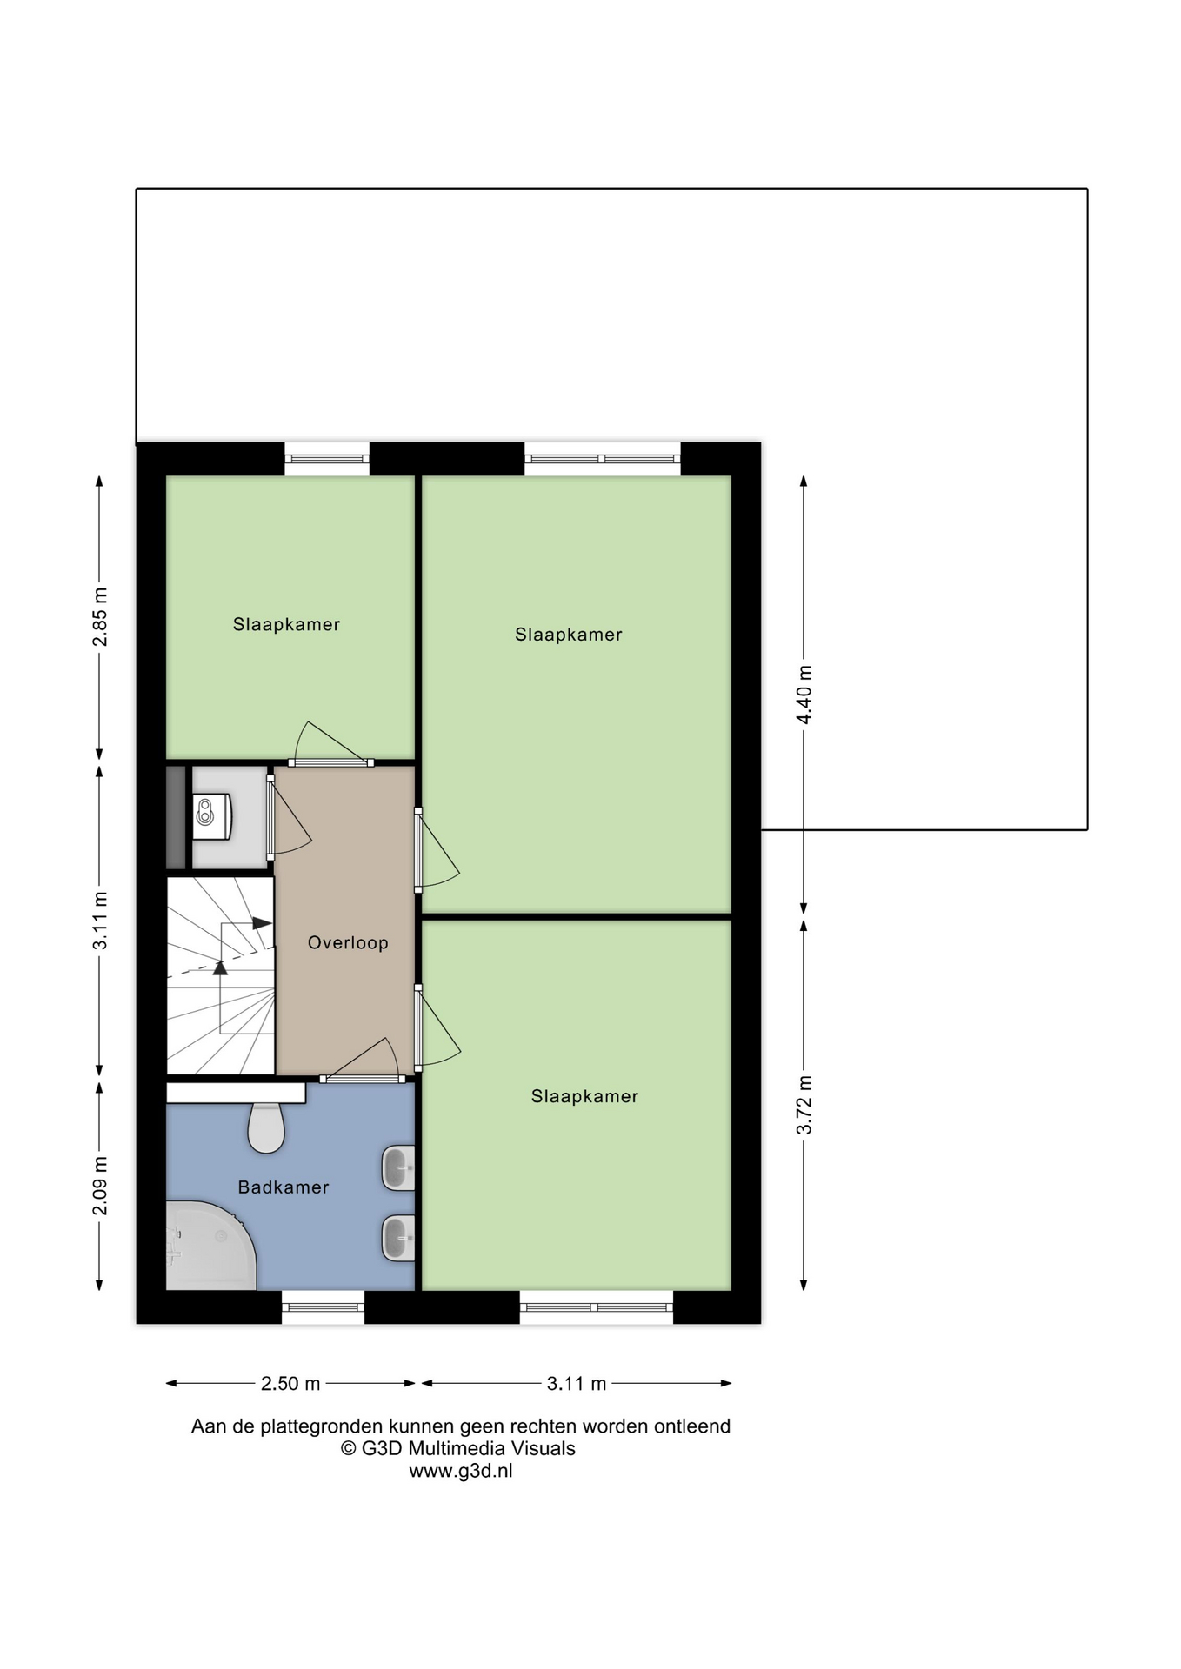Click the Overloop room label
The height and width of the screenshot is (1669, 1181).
click(x=348, y=942)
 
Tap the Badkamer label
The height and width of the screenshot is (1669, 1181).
click(x=284, y=1187)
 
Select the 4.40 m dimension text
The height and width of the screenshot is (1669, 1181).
click(x=804, y=695)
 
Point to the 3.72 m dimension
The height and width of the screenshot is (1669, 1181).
click(x=804, y=1104)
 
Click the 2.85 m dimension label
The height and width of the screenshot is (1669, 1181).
click(x=101, y=617)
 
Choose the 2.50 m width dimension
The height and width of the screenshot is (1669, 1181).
click(x=290, y=1383)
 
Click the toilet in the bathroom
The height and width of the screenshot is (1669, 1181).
click(x=266, y=1127)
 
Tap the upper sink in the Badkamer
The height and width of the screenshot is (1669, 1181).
click(x=398, y=1167)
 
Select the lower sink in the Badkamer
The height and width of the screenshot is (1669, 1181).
click(x=398, y=1237)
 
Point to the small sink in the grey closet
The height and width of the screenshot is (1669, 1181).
click(x=211, y=816)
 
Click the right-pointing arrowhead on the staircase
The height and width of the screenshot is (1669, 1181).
click(x=262, y=923)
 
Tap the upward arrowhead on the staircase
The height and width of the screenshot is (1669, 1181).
click(x=220, y=967)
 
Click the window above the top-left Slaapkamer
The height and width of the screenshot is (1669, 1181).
click(x=327, y=459)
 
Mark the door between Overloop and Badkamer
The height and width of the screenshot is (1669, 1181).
click(x=363, y=1061)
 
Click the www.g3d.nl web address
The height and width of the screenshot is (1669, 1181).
click(x=461, y=1471)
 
